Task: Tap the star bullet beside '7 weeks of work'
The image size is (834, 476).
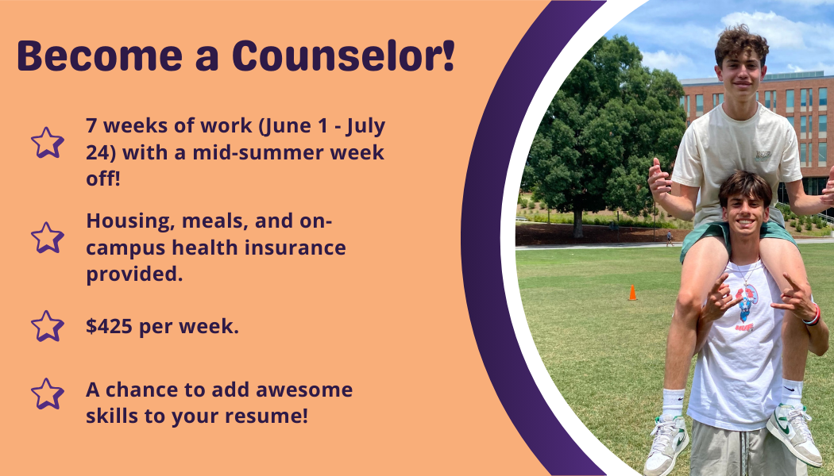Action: click(47, 143)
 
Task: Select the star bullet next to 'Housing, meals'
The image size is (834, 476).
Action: click(47, 237)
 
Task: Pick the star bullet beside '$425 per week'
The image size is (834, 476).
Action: click(47, 326)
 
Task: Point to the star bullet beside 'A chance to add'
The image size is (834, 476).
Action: click(47, 393)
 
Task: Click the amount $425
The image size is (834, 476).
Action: click(110, 326)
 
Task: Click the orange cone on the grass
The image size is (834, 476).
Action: click(632, 293)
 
